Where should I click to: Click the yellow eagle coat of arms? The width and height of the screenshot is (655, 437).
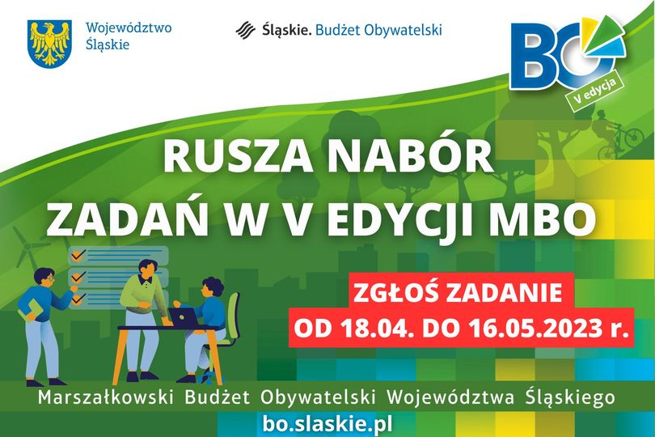(x=49, y=45)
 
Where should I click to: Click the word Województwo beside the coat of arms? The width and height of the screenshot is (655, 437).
(x=129, y=28)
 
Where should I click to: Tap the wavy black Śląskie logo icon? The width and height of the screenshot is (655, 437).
(x=245, y=30)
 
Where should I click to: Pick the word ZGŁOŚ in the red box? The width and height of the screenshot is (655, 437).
(x=395, y=293)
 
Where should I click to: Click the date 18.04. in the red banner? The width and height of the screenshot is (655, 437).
(x=375, y=329)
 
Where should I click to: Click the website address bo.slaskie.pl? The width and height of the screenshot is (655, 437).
(x=327, y=424)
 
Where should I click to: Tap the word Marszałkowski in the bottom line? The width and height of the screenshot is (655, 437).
(x=106, y=397)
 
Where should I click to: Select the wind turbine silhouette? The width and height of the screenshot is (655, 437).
(x=27, y=247)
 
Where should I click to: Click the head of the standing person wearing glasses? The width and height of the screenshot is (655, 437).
(x=44, y=278)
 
